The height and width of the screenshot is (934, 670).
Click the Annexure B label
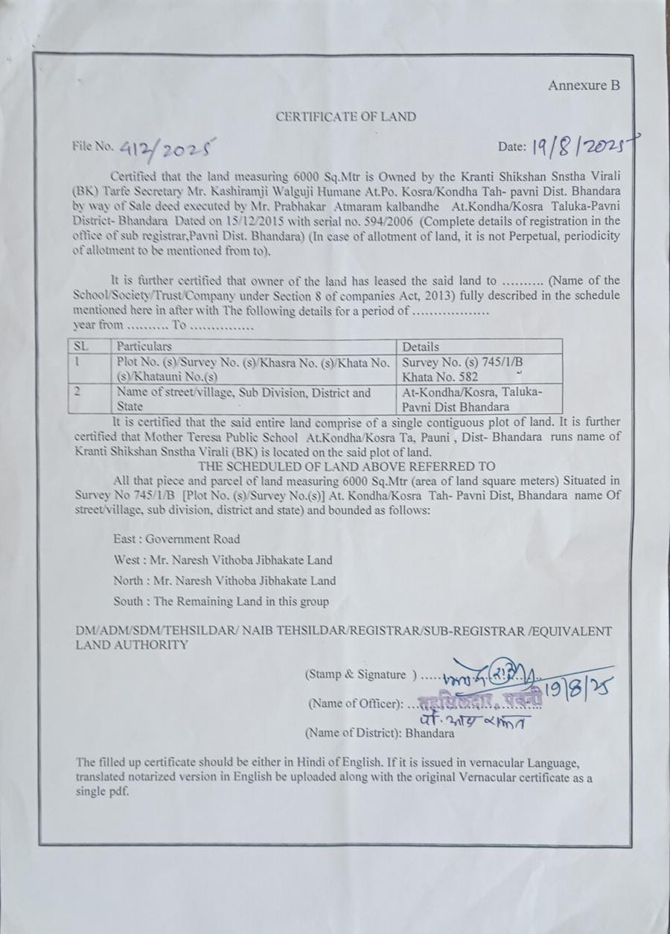click(584, 86)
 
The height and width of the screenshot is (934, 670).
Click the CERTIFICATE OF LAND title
click(345, 117)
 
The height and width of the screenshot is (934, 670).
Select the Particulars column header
click(144, 346)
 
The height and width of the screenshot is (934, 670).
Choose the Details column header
click(421, 346)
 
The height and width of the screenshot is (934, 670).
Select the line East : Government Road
click(177, 539)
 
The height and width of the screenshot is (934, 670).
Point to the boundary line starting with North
click(225, 580)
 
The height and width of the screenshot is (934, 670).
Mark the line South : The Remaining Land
click(221, 601)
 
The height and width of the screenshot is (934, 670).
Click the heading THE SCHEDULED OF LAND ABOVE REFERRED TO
click(345, 467)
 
